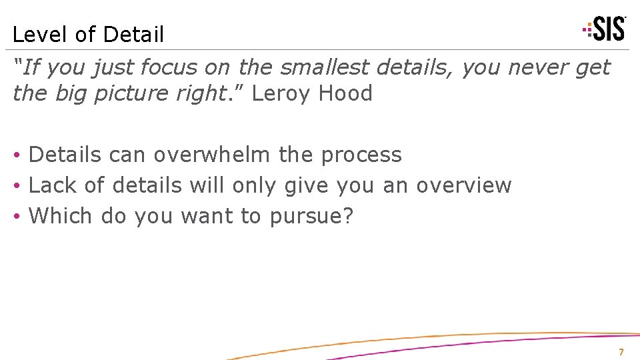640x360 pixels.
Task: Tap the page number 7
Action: click(621, 352)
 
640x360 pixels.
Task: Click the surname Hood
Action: click(345, 94)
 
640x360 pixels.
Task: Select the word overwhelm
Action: click(212, 155)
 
